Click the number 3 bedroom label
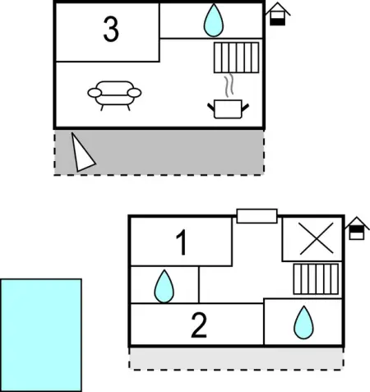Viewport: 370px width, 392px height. click(x=111, y=29)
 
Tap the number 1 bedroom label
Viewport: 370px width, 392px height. click(x=182, y=242)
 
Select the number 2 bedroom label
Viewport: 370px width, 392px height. click(x=199, y=325)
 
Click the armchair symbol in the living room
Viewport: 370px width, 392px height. click(x=114, y=95)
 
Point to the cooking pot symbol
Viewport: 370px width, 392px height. click(x=228, y=108)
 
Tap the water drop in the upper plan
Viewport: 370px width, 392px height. click(x=214, y=21)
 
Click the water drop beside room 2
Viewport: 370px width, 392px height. click(x=303, y=323)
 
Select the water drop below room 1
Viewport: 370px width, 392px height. click(x=164, y=287)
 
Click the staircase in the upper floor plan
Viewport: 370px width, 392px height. click(x=236, y=58)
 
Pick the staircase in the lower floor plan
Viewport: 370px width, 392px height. click(x=316, y=279)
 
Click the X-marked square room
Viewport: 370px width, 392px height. click(x=312, y=239)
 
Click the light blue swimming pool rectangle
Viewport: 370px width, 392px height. click(x=41, y=335)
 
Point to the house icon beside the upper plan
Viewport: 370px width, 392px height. click(x=278, y=14)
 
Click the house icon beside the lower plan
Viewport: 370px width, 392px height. click(x=357, y=228)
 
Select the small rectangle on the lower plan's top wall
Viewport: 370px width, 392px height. click(x=257, y=216)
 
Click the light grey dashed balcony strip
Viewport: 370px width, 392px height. click(x=236, y=359)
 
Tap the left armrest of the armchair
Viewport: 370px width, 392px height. click(x=95, y=93)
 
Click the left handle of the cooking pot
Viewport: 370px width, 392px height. click(x=211, y=107)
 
